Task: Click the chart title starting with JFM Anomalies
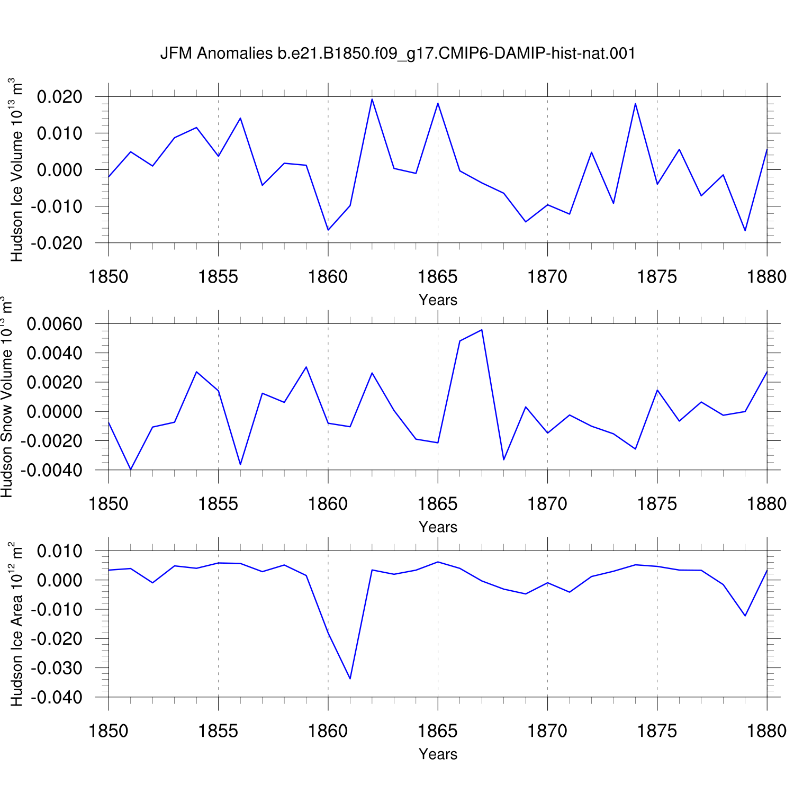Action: (x=398, y=53)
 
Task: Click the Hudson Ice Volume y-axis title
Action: (x=16, y=169)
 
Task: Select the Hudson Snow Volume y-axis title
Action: (x=6, y=397)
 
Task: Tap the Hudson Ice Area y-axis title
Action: (x=16, y=624)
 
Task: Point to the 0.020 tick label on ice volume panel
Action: (x=60, y=97)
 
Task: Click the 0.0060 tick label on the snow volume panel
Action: (x=55, y=324)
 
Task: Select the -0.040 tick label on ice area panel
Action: (x=57, y=698)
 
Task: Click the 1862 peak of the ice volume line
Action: (x=372, y=99)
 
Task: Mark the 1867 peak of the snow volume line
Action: (x=481, y=330)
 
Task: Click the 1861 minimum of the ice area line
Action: (x=350, y=679)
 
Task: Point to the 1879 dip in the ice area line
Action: (x=745, y=616)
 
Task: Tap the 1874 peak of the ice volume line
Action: (x=635, y=103)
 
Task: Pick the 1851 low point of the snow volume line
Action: (x=131, y=470)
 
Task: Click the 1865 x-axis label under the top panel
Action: (x=438, y=277)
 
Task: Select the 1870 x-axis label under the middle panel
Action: (x=547, y=504)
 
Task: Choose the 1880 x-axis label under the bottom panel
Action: (x=766, y=731)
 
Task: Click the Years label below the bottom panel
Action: (x=438, y=754)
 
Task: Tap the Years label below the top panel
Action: (x=438, y=300)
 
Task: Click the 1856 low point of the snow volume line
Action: (x=240, y=464)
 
